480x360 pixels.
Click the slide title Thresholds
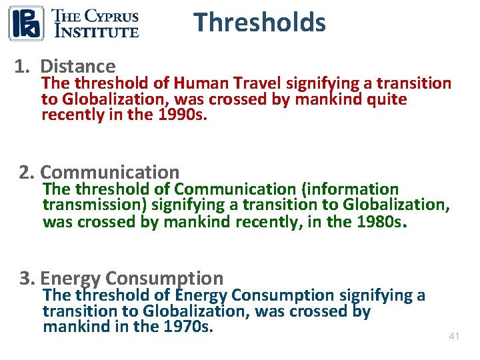pyautogui.click(x=259, y=23)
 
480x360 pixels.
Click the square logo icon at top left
pyautogui.click(x=26, y=23)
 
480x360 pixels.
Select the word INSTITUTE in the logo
pyautogui.click(x=95, y=31)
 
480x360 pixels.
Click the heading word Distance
pyautogui.click(x=77, y=67)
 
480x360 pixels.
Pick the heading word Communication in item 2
pyautogui.click(x=110, y=173)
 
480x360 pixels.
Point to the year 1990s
pyautogui.click(x=183, y=115)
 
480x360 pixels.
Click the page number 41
pyautogui.click(x=454, y=337)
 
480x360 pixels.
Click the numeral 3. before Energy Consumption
pyautogui.click(x=27, y=278)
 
